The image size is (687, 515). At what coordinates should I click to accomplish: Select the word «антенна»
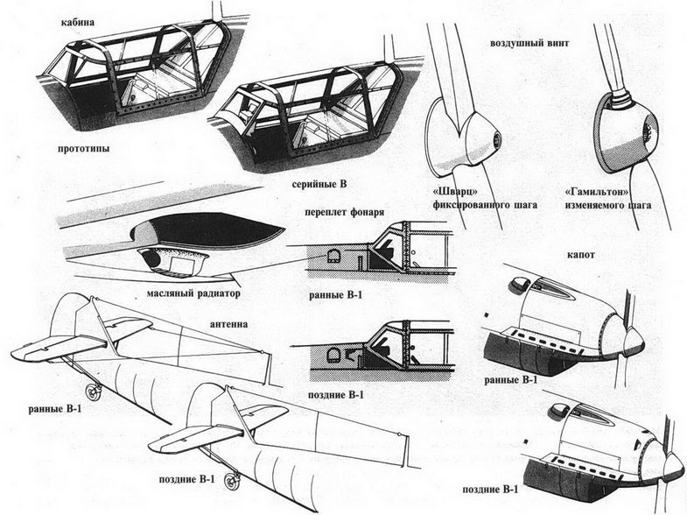pyautogui.click(x=228, y=322)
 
